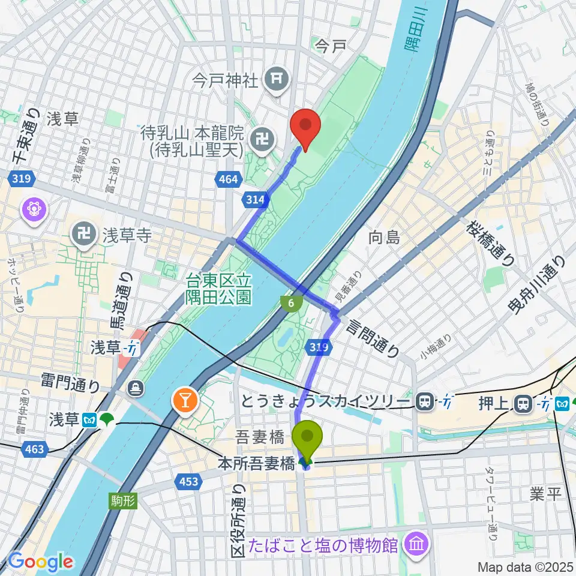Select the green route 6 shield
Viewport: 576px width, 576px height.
(x=291, y=304)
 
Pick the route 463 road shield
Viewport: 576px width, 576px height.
(x=35, y=449)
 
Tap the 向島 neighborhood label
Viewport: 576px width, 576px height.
(x=384, y=238)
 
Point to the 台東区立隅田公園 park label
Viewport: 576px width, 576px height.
(x=218, y=289)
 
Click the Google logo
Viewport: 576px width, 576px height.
(x=40, y=562)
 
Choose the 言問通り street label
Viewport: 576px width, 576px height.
(x=371, y=338)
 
